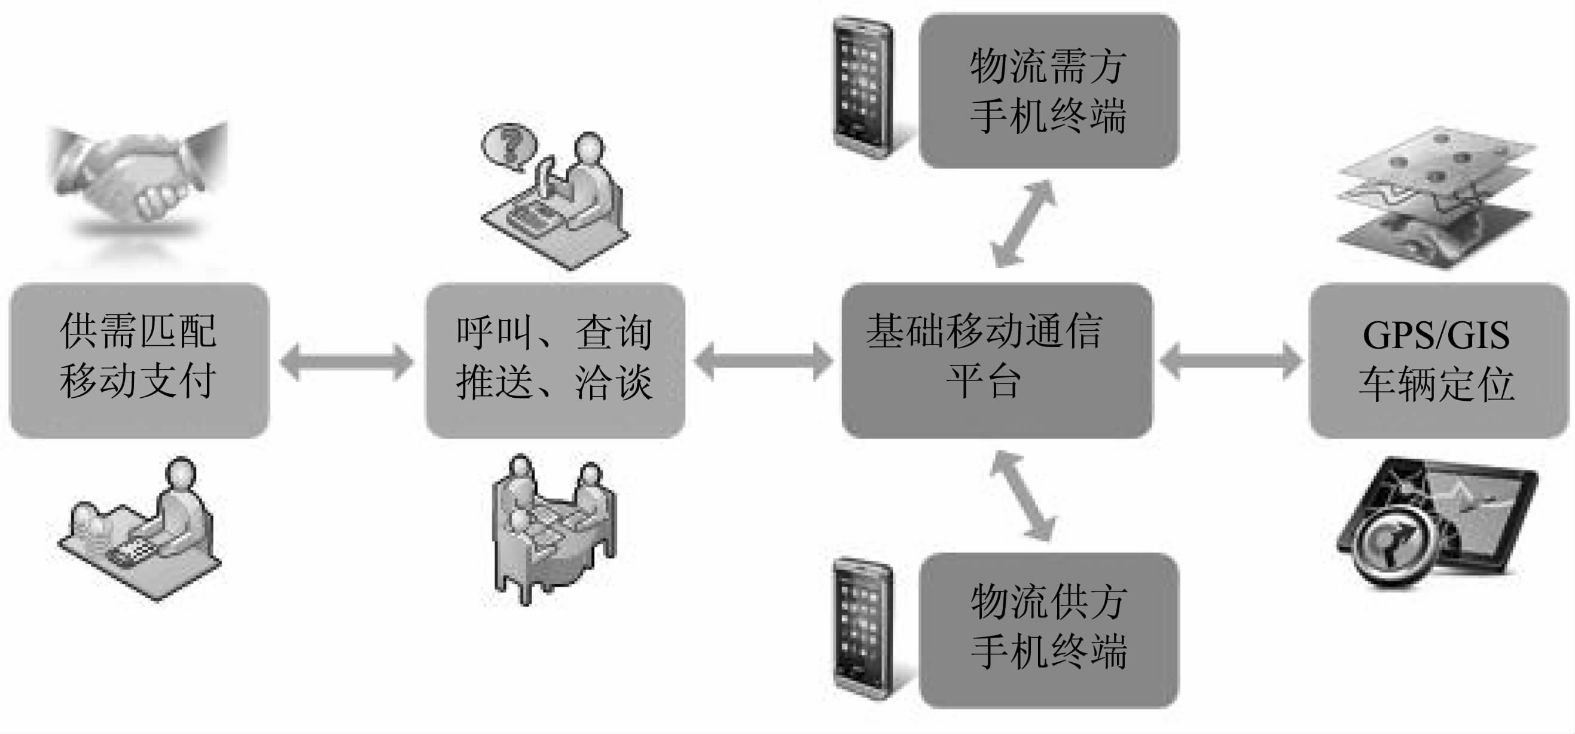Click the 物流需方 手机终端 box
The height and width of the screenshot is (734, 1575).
coord(1049,90)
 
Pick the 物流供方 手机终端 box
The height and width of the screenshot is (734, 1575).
coord(1049,630)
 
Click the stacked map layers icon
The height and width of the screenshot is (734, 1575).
coord(1437,196)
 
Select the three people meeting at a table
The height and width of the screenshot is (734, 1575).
coord(553,526)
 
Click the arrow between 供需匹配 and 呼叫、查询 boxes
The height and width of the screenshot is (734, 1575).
coord(347,362)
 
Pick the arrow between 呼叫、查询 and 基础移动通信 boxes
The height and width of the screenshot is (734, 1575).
coord(762,362)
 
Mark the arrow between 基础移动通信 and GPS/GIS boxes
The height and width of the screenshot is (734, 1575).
coord(1230,362)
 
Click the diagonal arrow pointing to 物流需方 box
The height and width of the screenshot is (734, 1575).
coord(1022,223)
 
